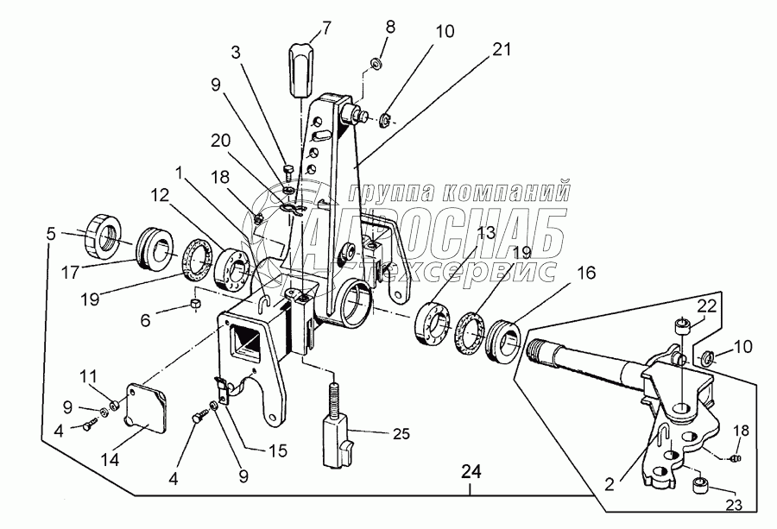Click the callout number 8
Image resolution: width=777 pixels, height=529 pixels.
pyautogui.click(x=391, y=27)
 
